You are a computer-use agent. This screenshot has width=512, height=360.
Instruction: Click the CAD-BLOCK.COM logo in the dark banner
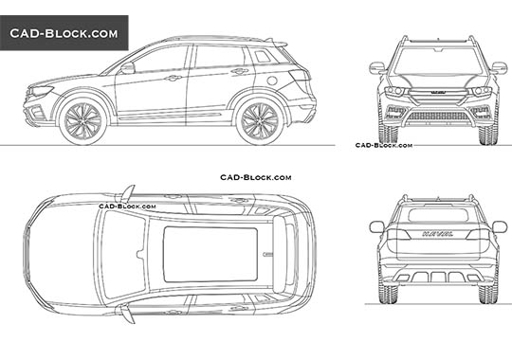click(x=64, y=32)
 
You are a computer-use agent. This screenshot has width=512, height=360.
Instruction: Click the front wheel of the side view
click(x=83, y=122)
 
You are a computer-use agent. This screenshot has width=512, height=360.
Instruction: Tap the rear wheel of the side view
click(x=259, y=121)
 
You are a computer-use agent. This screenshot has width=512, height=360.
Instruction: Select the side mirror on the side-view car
click(x=127, y=68)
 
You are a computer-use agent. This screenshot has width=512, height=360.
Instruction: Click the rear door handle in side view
click(x=240, y=71)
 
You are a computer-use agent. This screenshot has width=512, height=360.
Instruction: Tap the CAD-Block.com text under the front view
click(x=383, y=145)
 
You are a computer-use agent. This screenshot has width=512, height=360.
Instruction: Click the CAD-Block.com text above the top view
click(x=255, y=177)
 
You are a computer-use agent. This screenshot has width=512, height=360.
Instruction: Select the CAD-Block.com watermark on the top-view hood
click(x=118, y=204)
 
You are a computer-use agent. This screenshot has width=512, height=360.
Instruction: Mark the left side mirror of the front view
click(x=377, y=67)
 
